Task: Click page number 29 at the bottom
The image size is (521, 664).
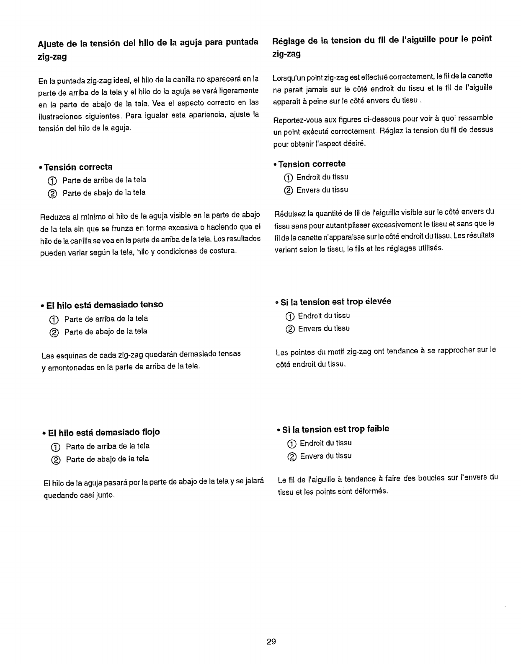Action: point(271,642)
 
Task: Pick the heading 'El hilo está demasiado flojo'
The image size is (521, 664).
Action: point(104,432)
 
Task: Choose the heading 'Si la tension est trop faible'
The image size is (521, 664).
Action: point(335,429)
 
